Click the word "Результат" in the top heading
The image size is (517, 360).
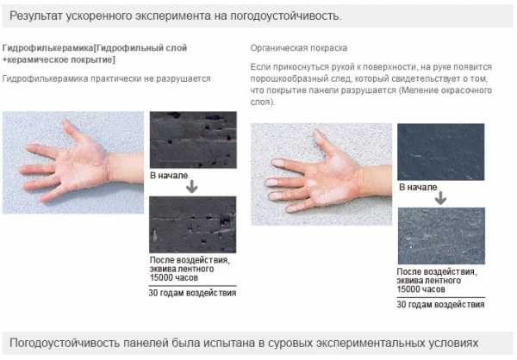[x=36, y=16]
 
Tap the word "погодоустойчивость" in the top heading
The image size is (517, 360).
[x=285, y=16]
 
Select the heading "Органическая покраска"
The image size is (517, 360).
[x=298, y=48]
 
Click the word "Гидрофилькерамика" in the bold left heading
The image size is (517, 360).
[x=48, y=48]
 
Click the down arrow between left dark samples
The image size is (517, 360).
[x=192, y=187]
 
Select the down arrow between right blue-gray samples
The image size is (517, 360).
[x=440, y=198]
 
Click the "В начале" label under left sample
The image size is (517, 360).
[x=169, y=175]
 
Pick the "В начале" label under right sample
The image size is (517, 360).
[x=418, y=187]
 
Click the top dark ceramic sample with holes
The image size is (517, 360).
[x=193, y=140]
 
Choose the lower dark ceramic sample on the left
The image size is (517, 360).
[x=193, y=225]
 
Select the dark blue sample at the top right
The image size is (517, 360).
[x=441, y=152]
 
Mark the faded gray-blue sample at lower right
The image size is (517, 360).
[x=441, y=236]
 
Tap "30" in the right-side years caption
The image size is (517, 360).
[x=402, y=304]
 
